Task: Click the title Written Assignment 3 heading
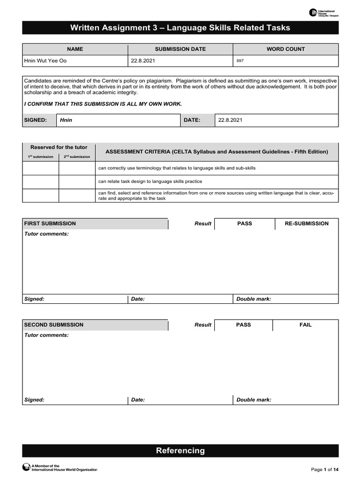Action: [x=180, y=28]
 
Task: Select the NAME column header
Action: [x=75, y=49]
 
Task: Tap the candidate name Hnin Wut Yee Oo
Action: [x=45, y=61]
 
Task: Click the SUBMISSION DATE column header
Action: [x=180, y=49]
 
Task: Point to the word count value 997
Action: [x=240, y=61]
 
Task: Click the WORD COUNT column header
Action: [x=285, y=49]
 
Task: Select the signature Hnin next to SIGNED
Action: [x=66, y=120]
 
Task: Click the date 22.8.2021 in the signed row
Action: [x=230, y=120]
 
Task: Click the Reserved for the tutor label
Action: [x=59, y=147]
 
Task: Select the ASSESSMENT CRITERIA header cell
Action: [x=217, y=152]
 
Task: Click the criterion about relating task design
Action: [x=150, y=181]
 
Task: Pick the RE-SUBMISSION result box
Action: [x=307, y=224]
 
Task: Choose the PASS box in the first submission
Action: [x=244, y=224]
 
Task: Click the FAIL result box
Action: [x=305, y=325]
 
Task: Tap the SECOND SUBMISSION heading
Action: [x=54, y=325]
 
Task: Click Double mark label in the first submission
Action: [x=254, y=299]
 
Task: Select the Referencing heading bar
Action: [x=180, y=451]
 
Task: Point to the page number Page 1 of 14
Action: [x=325, y=470]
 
